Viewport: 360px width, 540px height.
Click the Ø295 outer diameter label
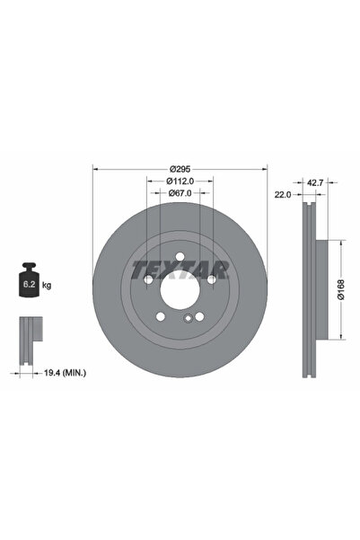click(x=180, y=169)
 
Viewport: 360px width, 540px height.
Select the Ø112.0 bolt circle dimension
click(x=180, y=181)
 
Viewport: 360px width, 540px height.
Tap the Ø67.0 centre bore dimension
click(x=180, y=193)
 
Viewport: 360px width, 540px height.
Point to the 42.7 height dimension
click(x=315, y=182)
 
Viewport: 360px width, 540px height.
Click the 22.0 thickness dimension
click(x=283, y=195)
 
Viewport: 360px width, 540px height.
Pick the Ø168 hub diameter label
click(x=341, y=289)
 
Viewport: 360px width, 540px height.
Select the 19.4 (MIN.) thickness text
click(x=65, y=373)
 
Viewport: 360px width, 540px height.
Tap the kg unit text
click(x=47, y=285)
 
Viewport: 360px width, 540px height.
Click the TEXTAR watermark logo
click(x=180, y=270)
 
